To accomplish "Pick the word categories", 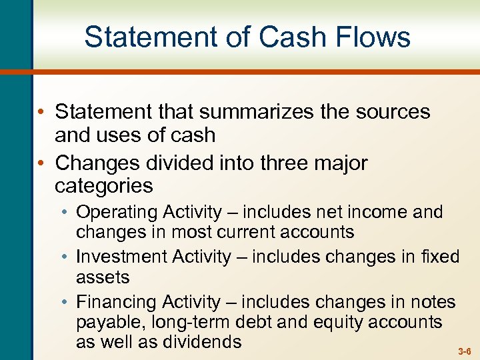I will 103,185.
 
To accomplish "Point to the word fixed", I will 440,257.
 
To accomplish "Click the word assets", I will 103,276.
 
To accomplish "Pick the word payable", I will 108,323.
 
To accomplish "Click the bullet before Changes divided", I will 41,163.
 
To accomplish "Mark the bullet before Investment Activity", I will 67,257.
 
